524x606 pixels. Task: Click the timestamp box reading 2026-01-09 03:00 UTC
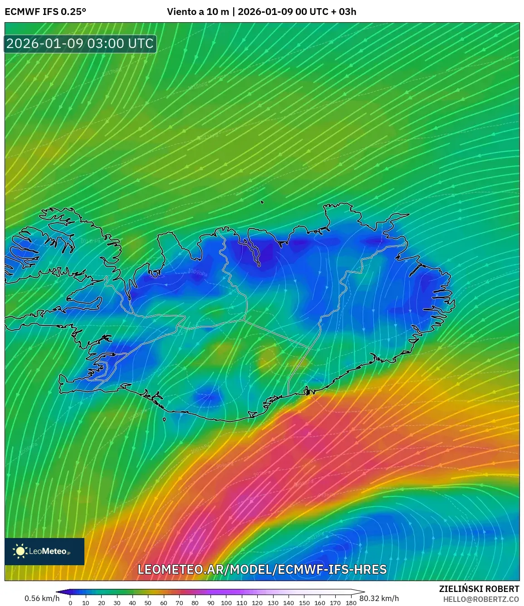pos(80,44)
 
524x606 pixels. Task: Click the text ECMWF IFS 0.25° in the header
pos(45,12)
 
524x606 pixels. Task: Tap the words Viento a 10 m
pos(198,12)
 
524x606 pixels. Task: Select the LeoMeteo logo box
pos(44,551)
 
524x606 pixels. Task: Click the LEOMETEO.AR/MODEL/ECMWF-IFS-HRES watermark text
pos(262,569)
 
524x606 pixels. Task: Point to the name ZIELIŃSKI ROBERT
pos(479,589)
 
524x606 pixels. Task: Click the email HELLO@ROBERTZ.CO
pos(481,599)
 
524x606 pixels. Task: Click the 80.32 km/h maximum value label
pos(379,598)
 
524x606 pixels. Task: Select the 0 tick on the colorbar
pos(70,603)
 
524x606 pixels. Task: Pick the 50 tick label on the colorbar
pos(148,603)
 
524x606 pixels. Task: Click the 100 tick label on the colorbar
pos(226,603)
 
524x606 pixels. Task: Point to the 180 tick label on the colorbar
pos(351,603)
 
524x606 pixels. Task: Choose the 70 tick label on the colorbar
pos(179,603)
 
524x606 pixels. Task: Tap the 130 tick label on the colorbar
pos(273,603)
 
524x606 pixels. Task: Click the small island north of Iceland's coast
pos(262,203)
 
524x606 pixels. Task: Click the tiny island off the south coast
pos(164,419)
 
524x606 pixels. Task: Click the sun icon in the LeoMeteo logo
pos(20,551)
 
